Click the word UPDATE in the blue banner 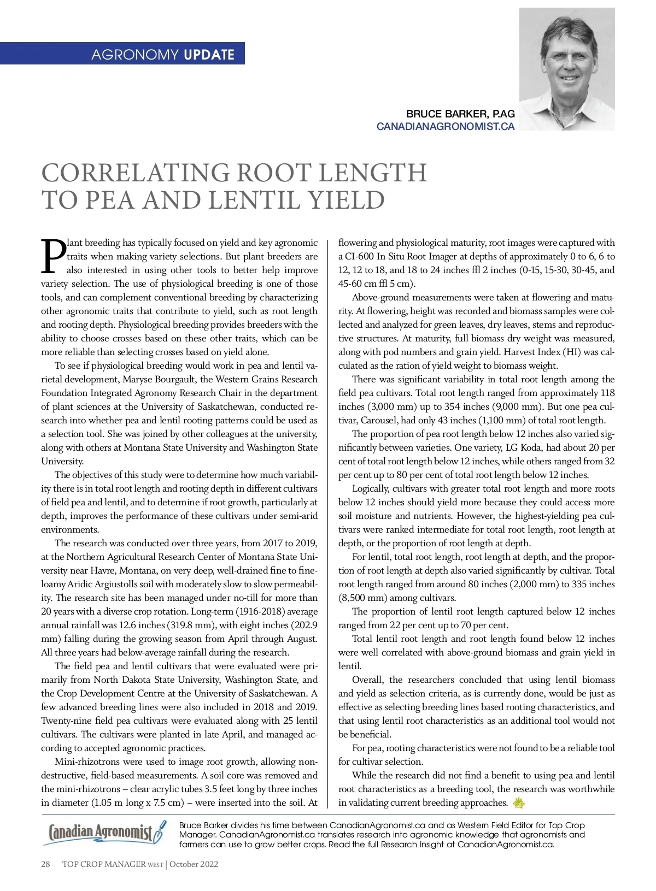pyautogui.click(x=209, y=55)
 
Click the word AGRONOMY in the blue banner pyautogui.click(x=134, y=55)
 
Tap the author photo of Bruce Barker pyautogui.click(x=566, y=69)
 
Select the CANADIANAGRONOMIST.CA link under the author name pyautogui.click(x=445, y=126)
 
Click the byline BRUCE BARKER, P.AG pyautogui.click(x=460, y=114)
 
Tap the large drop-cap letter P pyautogui.click(x=53, y=256)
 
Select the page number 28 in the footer pyautogui.click(x=46, y=864)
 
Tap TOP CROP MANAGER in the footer pyautogui.click(x=103, y=864)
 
